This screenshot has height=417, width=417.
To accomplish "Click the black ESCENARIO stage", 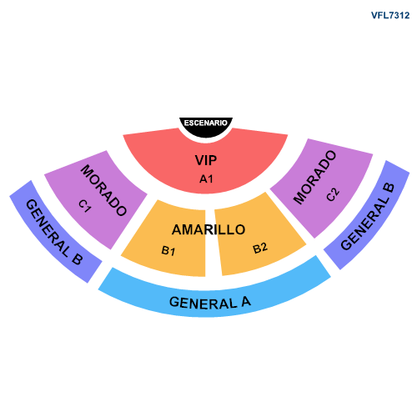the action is coord(206,128).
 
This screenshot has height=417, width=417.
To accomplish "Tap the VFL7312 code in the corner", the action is coord(390,15).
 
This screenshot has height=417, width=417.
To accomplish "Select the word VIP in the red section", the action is coord(206,160).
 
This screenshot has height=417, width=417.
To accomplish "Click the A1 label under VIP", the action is coord(206,178).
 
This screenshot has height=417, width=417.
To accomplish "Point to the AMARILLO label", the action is coord(208,229).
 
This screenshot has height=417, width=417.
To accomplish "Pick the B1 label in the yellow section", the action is coord(168,250).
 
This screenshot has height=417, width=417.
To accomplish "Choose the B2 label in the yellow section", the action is coord(260,248).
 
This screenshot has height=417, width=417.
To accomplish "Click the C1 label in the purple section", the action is coord(85,206).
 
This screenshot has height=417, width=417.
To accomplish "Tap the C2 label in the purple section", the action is coord(333,194).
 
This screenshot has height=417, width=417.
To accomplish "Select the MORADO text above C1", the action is coord(103,190).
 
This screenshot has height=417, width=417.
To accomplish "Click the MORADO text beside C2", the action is coord(315,178).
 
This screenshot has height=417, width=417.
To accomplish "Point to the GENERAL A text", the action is coord(210,303).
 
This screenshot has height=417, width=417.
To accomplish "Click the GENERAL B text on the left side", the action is coord(54,232).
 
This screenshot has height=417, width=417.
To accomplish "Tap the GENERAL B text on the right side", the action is coord(368,217).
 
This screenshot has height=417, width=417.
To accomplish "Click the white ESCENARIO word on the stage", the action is coord(206,123).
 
